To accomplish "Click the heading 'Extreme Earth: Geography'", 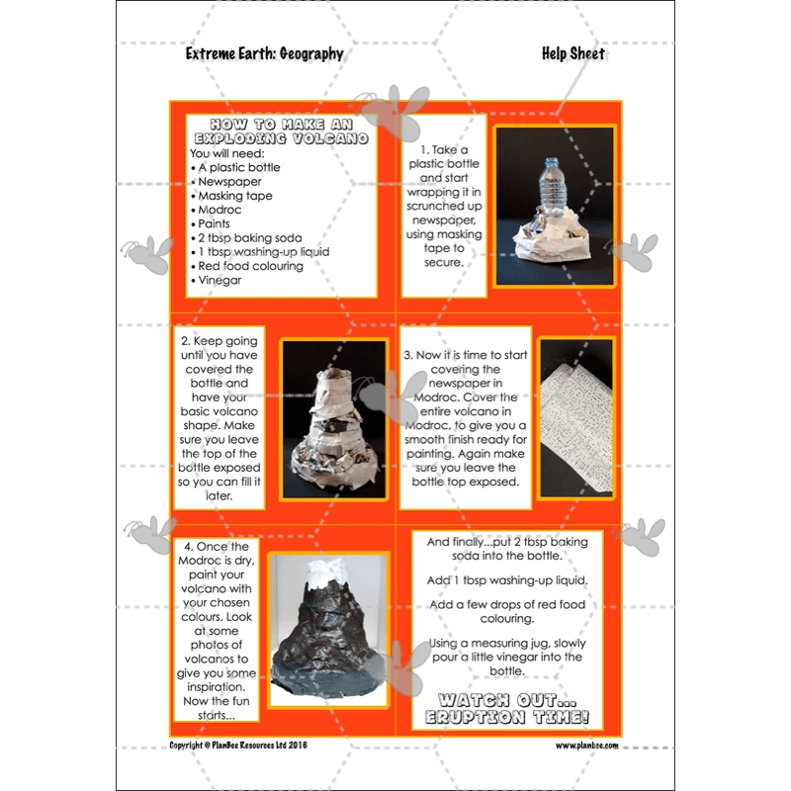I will coord(264,53).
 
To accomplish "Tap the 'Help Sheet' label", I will coord(572,53).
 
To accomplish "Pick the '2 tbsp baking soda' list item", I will coord(252,238).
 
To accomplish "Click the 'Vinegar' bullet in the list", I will coord(220,280).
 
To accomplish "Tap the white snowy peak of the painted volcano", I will coord(326,572).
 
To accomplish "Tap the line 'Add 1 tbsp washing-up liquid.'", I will coord(507,579).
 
